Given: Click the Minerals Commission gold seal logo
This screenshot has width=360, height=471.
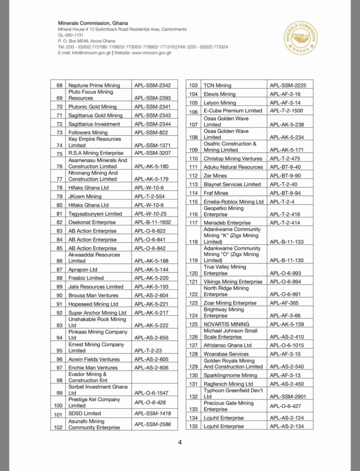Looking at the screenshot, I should pyautogui.click(x=301, y=38).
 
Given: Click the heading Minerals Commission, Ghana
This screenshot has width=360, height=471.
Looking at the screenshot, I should pyautogui.click(x=93, y=23).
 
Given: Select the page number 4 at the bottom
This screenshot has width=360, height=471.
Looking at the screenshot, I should pyautogui.click(x=180, y=442).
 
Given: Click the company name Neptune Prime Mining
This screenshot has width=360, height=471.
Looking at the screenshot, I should pyautogui.click(x=94, y=86).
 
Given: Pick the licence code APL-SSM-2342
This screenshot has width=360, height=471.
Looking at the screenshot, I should pyautogui.click(x=152, y=86).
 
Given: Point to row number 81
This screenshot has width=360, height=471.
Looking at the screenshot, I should pyautogui.click(x=59, y=214).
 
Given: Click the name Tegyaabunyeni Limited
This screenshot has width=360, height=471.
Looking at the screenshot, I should pyautogui.click(x=95, y=214).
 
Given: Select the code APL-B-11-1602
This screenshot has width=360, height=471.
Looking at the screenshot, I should pyautogui.click(x=152, y=222).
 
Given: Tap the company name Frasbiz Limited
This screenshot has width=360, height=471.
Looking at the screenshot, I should pyautogui.click(x=86, y=278).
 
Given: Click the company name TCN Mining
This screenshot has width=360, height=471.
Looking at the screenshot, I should pyautogui.click(x=217, y=86).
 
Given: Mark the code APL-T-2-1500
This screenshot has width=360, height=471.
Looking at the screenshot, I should pyautogui.click(x=286, y=111).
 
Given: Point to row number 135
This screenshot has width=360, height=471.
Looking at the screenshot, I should pyautogui.click(x=193, y=426).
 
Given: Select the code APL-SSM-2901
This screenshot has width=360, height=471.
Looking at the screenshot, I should pyautogui.click(x=288, y=396).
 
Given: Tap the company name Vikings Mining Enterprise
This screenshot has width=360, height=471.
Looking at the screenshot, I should pyautogui.click(x=233, y=281).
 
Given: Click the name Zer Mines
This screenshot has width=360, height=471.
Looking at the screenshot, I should pyautogui.click(x=215, y=176).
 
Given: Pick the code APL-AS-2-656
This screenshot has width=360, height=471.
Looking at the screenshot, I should pyautogui.click(x=151, y=338).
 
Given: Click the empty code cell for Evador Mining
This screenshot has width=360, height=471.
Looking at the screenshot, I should pyautogui.click(x=155, y=377).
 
